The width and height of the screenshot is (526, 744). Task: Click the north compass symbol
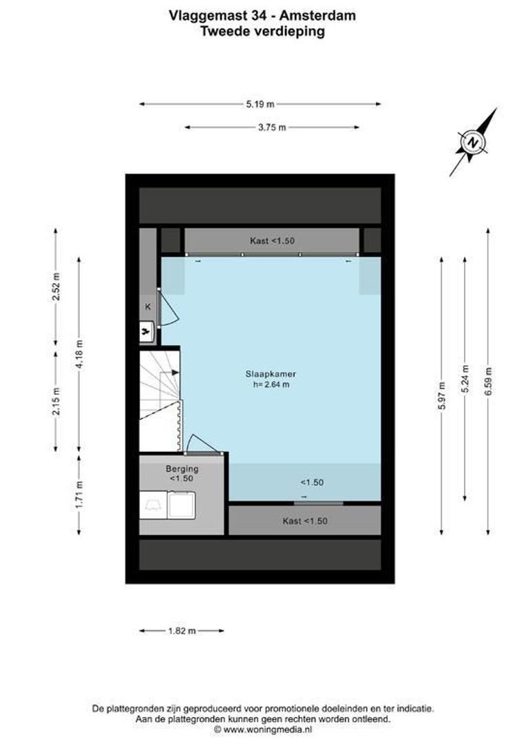point(474,143)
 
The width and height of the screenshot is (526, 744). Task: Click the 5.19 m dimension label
point(260,104)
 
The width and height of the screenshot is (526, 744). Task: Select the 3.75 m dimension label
point(272,127)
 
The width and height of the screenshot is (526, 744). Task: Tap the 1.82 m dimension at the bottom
point(182,630)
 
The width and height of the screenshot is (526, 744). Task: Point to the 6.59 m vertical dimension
point(488,380)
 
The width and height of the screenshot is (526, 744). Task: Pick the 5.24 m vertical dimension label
point(465,378)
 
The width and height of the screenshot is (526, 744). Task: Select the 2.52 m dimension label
point(56,288)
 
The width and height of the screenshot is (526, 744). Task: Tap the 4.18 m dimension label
point(80,354)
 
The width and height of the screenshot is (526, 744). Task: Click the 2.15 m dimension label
point(56,402)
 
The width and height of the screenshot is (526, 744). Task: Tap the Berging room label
point(182,468)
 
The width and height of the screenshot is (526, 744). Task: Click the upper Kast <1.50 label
point(272,241)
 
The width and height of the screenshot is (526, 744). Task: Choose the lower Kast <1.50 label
point(304,521)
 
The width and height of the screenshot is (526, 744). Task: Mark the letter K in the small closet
point(148,307)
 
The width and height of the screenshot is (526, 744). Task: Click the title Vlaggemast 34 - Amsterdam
point(262,14)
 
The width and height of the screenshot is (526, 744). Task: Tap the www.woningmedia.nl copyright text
point(263,728)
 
